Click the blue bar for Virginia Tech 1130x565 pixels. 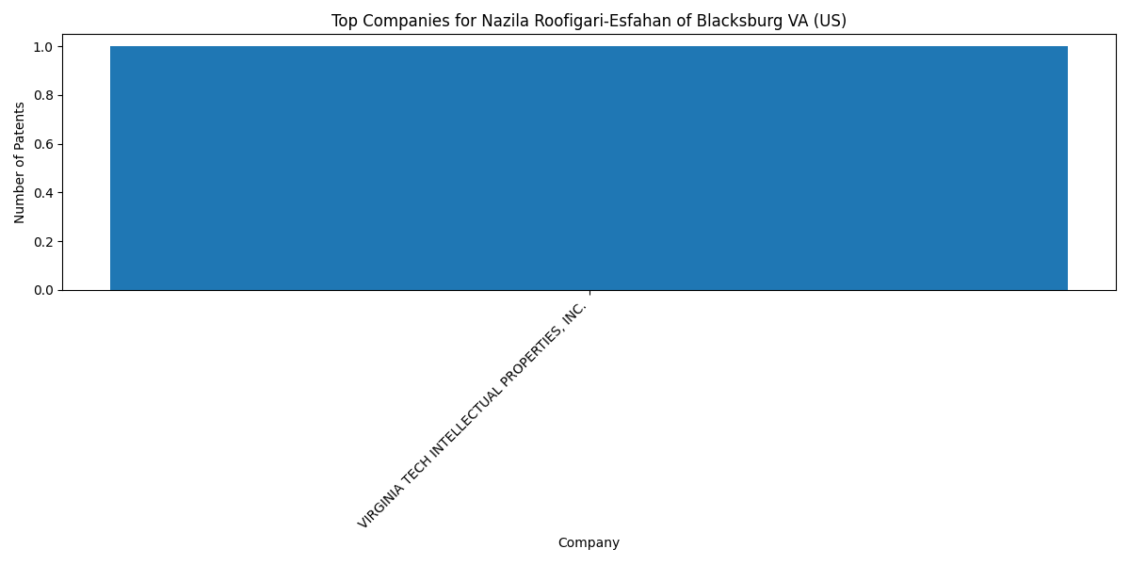click(x=589, y=169)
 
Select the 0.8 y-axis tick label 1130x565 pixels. click(x=43, y=96)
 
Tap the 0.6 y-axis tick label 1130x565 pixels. click(x=43, y=145)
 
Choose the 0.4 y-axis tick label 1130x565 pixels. click(x=43, y=193)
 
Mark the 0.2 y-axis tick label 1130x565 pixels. click(x=43, y=242)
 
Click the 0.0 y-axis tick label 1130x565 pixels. click(x=43, y=291)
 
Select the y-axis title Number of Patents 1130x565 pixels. click(x=19, y=162)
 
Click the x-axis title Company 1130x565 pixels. click(x=589, y=542)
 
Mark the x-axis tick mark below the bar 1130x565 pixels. click(x=589, y=293)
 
